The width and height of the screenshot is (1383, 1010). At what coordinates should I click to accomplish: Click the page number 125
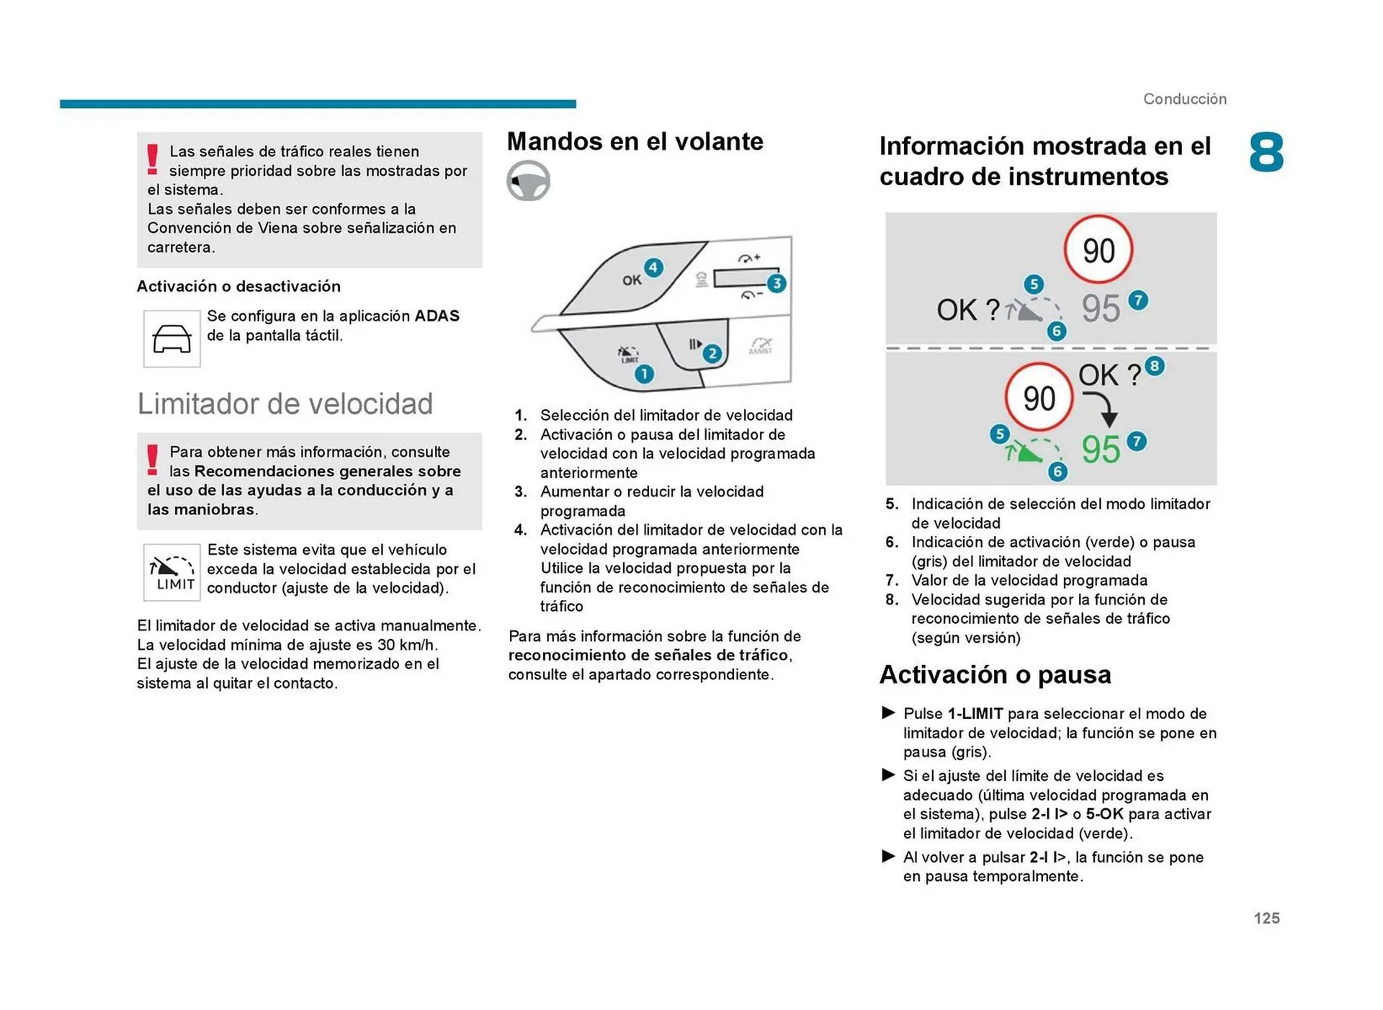coord(1266,918)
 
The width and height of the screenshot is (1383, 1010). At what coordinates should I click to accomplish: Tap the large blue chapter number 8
coord(1266,153)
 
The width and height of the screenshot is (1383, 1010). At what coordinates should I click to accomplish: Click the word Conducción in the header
coord(1184,99)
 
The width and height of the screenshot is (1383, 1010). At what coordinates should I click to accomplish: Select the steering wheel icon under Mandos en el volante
coord(528,180)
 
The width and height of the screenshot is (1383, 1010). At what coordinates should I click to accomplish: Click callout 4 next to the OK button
coord(653,268)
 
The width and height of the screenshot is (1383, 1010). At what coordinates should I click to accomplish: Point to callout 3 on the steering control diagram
coord(776,283)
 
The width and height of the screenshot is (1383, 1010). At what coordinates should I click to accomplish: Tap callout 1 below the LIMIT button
coord(643,374)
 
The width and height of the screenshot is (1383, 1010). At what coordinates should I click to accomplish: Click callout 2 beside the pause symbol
coord(712,353)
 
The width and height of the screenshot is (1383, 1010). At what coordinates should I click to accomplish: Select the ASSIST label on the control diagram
coord(761,347)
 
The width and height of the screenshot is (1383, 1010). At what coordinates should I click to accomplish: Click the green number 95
coord(1101,450)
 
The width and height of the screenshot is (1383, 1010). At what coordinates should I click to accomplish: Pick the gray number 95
coord(1101,308)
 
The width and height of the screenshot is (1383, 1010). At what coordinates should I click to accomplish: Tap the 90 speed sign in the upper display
coord(1098,250)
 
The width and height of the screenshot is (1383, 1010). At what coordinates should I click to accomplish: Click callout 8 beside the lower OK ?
coord(1154,366)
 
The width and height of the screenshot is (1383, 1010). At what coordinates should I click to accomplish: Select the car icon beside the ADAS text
coord(171,339)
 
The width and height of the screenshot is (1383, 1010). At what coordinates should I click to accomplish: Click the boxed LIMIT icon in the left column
coord(172,573)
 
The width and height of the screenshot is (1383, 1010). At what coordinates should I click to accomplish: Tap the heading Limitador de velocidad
coord(285,404)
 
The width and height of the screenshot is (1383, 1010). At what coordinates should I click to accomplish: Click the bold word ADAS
coord(437,316)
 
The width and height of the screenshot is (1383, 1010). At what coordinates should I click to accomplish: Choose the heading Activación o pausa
coord(995,674)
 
